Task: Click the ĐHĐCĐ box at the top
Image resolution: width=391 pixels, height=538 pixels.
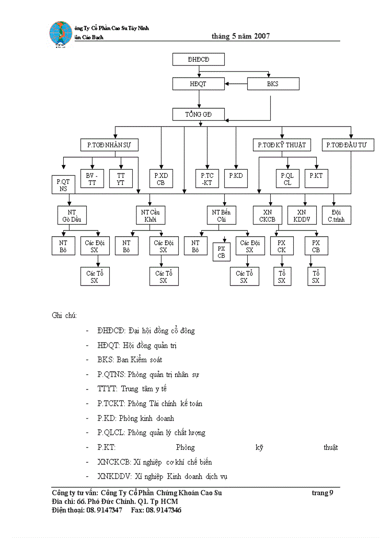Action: (198, 59)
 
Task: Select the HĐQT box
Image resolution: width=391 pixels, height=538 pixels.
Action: (198, 84)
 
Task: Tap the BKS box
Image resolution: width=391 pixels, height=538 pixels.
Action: (273, 84)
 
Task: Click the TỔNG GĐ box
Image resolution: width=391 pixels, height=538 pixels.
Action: (198, 114)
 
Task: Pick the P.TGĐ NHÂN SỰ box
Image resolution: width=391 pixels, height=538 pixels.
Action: (109, 145)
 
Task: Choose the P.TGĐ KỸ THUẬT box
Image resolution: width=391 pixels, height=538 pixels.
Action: (282, 145)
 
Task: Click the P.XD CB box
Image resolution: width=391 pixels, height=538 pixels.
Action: (161, 179)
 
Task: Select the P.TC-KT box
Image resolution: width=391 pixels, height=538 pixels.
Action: (207, 179)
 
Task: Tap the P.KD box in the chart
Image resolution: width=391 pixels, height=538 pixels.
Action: (236, 176)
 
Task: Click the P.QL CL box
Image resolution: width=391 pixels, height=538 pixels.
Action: (287, 179)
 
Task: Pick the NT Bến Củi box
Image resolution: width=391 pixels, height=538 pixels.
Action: (221, 216)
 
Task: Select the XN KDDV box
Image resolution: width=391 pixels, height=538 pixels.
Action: (301, 216)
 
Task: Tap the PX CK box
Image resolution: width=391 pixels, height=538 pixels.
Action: (281, 246)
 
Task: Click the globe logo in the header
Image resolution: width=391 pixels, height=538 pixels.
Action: (60, 34)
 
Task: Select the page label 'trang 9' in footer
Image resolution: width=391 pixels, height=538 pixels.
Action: (322, 493)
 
